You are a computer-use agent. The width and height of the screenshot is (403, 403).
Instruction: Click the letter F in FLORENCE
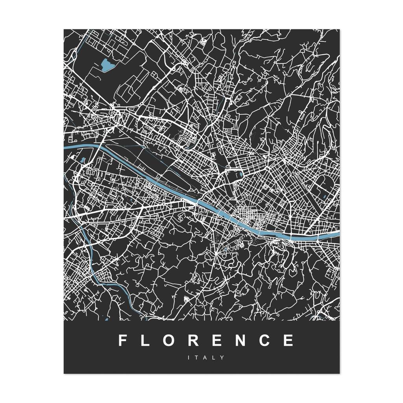(x=122, y=340)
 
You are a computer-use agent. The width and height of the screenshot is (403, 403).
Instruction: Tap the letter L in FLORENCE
(x=145, y=340)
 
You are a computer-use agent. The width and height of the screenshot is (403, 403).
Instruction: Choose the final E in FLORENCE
(x=289, y=340)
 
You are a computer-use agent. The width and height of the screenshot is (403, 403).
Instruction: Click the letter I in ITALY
(x=190, y=358)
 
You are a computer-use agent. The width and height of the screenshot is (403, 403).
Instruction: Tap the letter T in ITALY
(x=198, y=358)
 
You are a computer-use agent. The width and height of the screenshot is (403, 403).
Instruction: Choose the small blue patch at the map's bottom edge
(x=106, y=319)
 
